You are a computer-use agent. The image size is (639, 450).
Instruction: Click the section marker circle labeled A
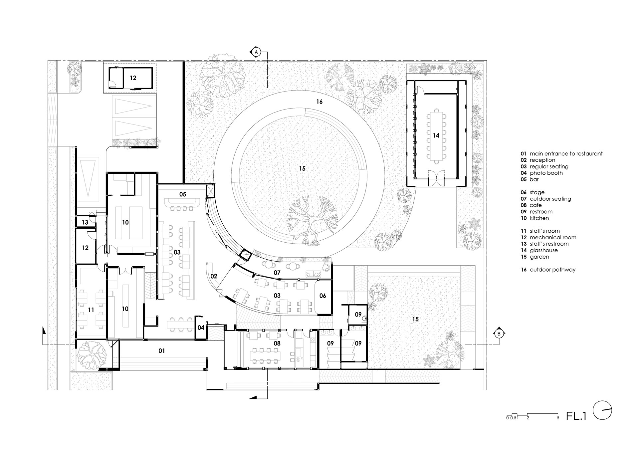point(256,52)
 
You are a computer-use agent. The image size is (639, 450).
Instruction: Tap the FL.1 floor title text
point(576,416)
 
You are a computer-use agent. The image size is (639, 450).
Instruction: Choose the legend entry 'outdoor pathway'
point(548,270)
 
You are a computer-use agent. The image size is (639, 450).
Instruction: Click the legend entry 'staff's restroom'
point(545,244)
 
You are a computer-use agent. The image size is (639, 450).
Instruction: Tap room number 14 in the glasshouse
point(436,135)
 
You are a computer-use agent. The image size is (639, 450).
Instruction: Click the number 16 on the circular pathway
point(319,102)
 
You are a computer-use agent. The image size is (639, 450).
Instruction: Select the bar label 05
point(182,194)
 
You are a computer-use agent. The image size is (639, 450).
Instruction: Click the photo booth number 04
point(201,328)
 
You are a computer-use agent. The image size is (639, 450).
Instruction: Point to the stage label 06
point(322,296)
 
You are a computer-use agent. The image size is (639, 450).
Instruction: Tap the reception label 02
point(214,276)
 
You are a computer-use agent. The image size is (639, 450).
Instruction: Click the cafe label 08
point(277,343)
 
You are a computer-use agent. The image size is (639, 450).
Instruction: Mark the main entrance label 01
point(161,351)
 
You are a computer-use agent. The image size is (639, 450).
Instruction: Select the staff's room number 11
point(91,310)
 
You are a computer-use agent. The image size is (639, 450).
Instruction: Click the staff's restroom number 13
point(85,222)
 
